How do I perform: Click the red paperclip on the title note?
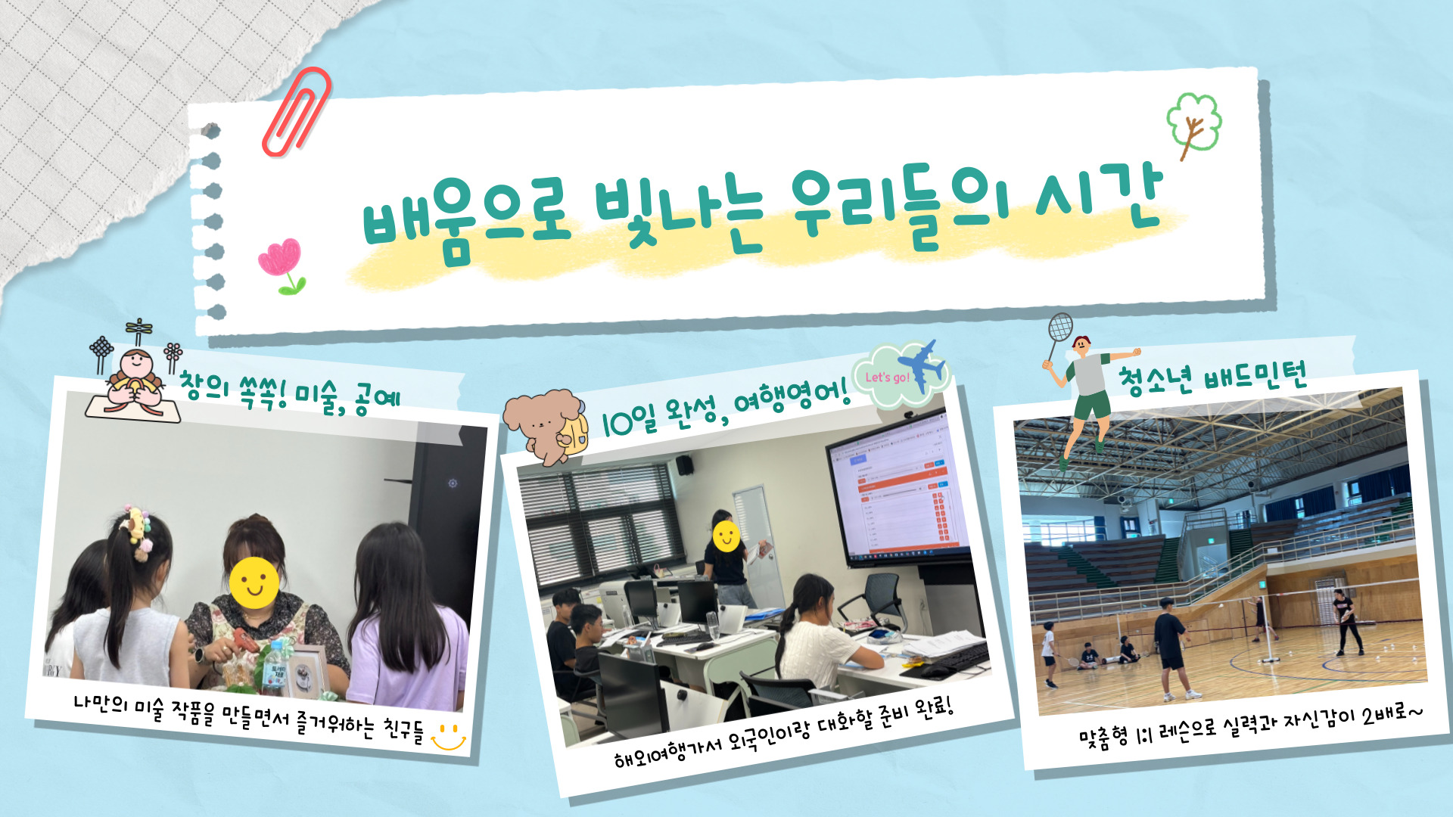coord(296,111)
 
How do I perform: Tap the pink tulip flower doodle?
coord(282,266)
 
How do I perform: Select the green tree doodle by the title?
coord(1193,125)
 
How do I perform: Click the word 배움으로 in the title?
coord(465,219)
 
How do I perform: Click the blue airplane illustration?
coord(922,365)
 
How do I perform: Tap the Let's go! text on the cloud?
coord(887,377)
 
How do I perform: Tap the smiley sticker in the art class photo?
coord(254,582)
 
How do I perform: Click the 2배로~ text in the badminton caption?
coord(1392,713)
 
